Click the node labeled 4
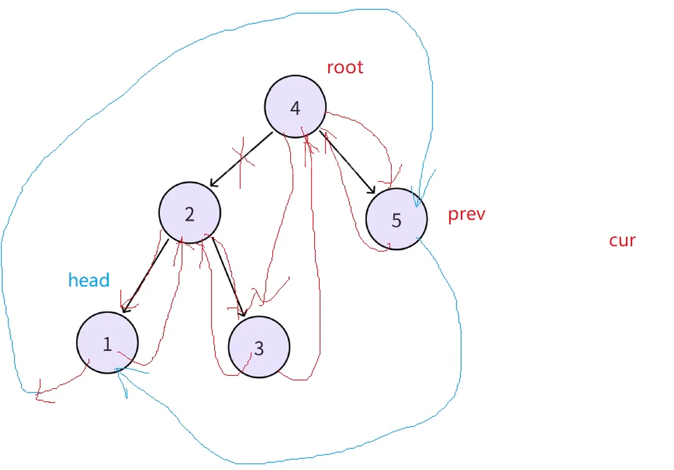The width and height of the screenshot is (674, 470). click(295, 106)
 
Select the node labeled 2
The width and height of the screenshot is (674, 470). click(190, 213)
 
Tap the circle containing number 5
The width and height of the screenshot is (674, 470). click(397, 219)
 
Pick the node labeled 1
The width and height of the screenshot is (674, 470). click(107, 343)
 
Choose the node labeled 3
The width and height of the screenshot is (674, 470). click(259, 347)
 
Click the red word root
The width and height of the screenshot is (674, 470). click(345, 67)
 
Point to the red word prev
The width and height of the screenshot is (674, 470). click(466, 214)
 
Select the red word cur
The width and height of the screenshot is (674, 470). click(622, 240)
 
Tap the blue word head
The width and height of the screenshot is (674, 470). click(89, 280)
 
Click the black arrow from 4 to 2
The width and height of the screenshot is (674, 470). click(240, 159)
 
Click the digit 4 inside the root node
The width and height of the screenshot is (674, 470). click(295, 108)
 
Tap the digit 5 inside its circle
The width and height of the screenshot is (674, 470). click(397, 220)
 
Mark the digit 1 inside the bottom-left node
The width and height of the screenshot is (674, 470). click(107, 344)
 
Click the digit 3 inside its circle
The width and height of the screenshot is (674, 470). click(259, 348)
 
